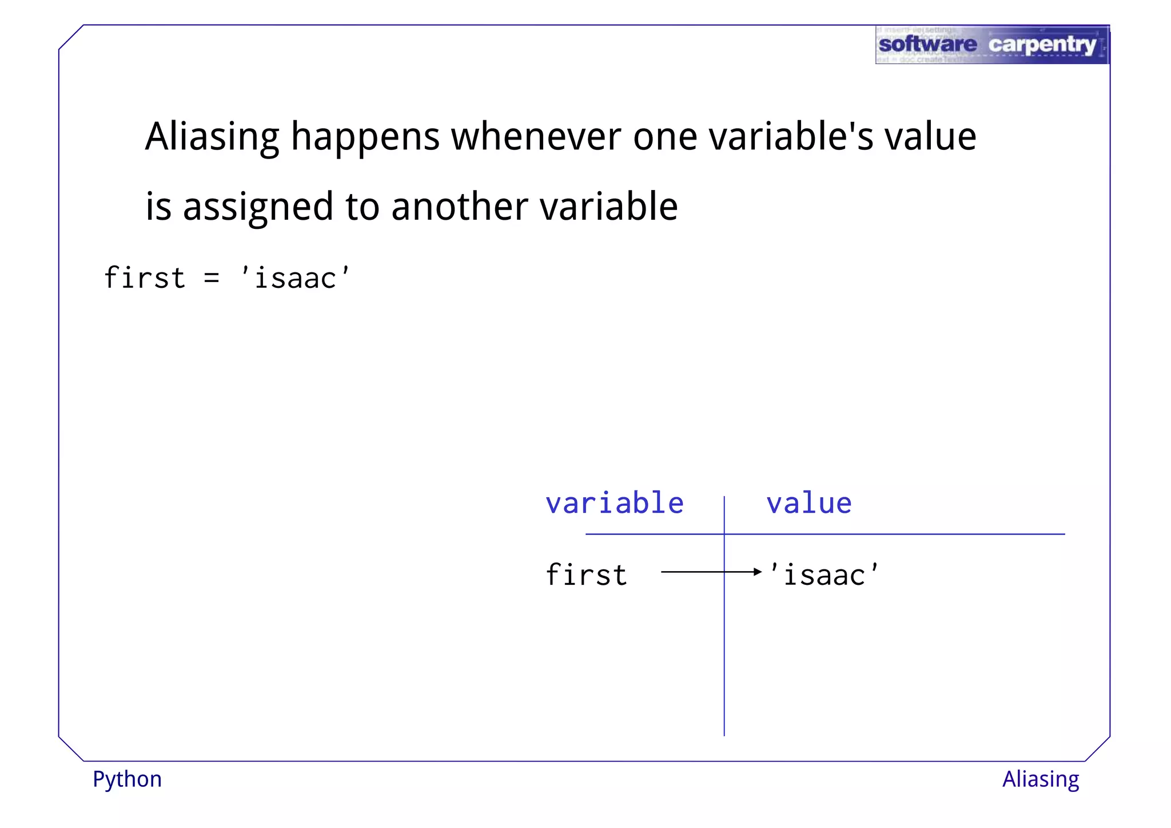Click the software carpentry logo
(991, 45)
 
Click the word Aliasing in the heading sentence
(212, 137)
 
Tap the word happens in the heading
(365, 137)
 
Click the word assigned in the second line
(257, 207)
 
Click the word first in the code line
(145, 278)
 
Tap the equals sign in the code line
(212, 279)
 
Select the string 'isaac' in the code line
(295, 278)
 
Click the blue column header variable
(615, 504)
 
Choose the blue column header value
(808, 504)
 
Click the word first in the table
(587, 575)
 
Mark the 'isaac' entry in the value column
(824, 575)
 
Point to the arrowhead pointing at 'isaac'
(758, 572)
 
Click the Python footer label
(128, 779)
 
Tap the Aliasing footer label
(1041, 779)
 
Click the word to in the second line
(363, 207)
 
